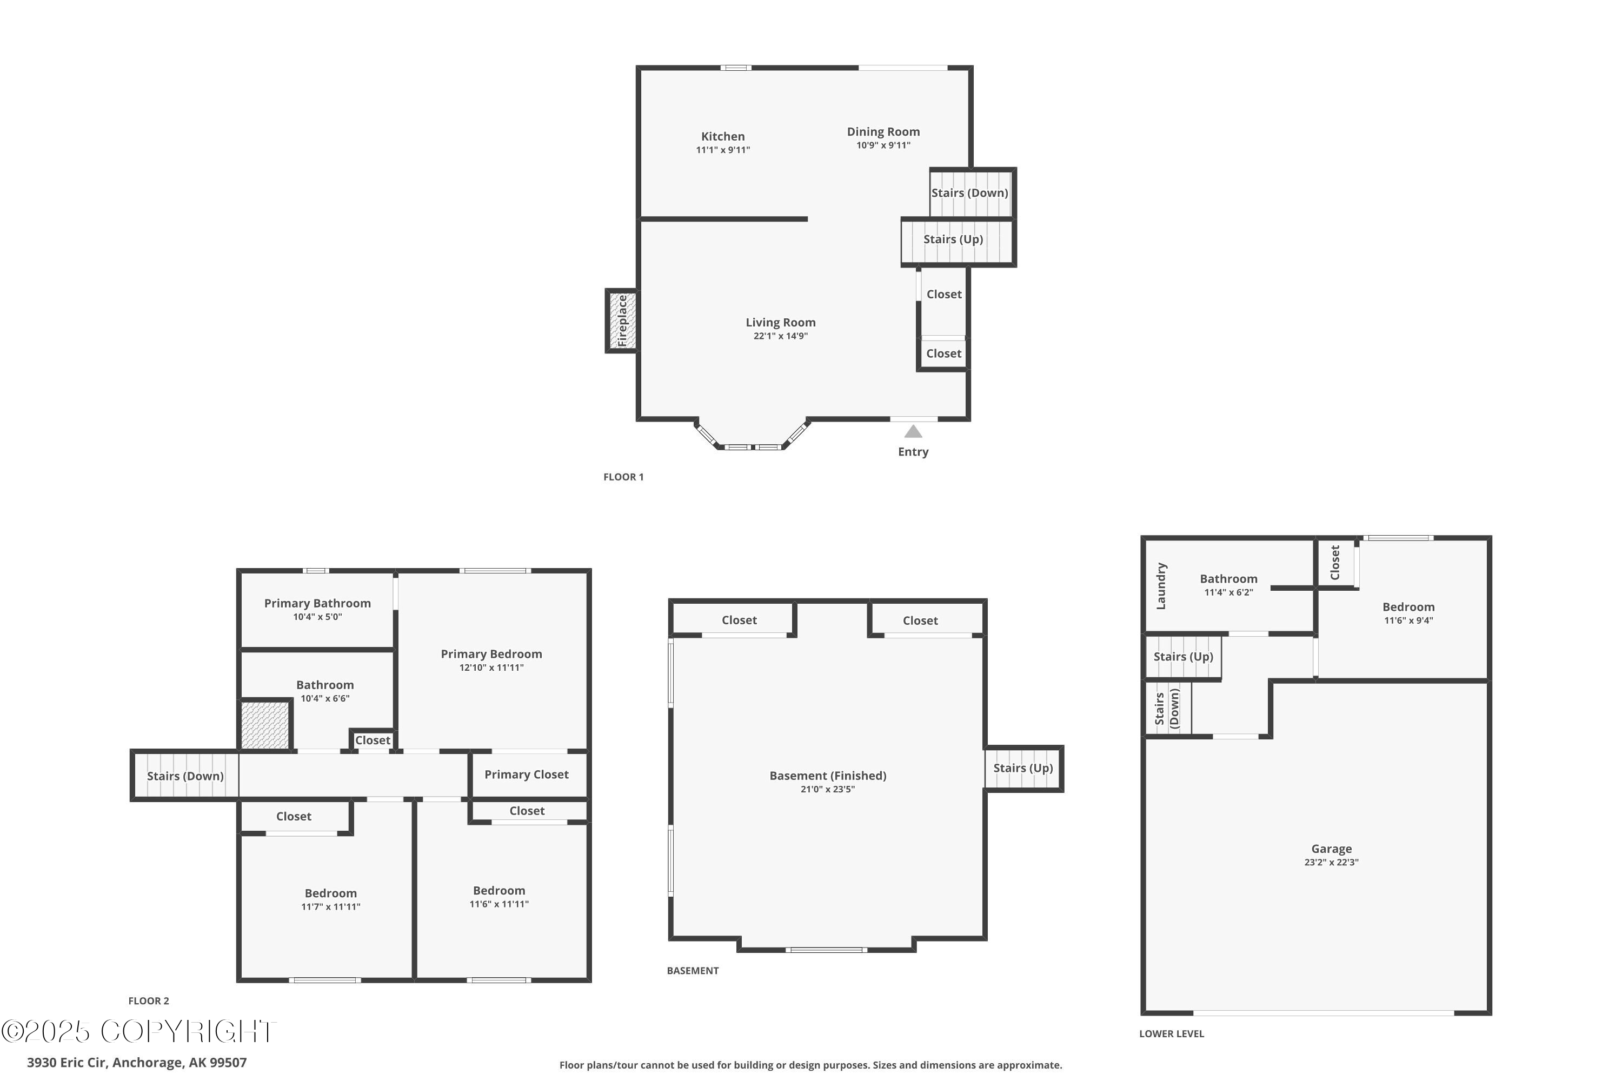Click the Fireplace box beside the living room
tap(621, 321)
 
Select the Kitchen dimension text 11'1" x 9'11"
tap(723, 150)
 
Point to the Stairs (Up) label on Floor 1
tap(953, 239)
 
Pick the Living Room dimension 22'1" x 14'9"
tap(780, 336)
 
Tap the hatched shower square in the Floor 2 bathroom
tap(265, 725)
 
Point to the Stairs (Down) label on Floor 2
tap(185, 776)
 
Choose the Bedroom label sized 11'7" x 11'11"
tap(330, 893)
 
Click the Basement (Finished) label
tap(828, 776)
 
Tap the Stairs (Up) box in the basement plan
tap(1023, 768)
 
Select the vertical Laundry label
tap(1161, 586)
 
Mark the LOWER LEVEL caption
tap(1171, 1034)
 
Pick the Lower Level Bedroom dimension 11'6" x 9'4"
tap(1408, 620)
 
